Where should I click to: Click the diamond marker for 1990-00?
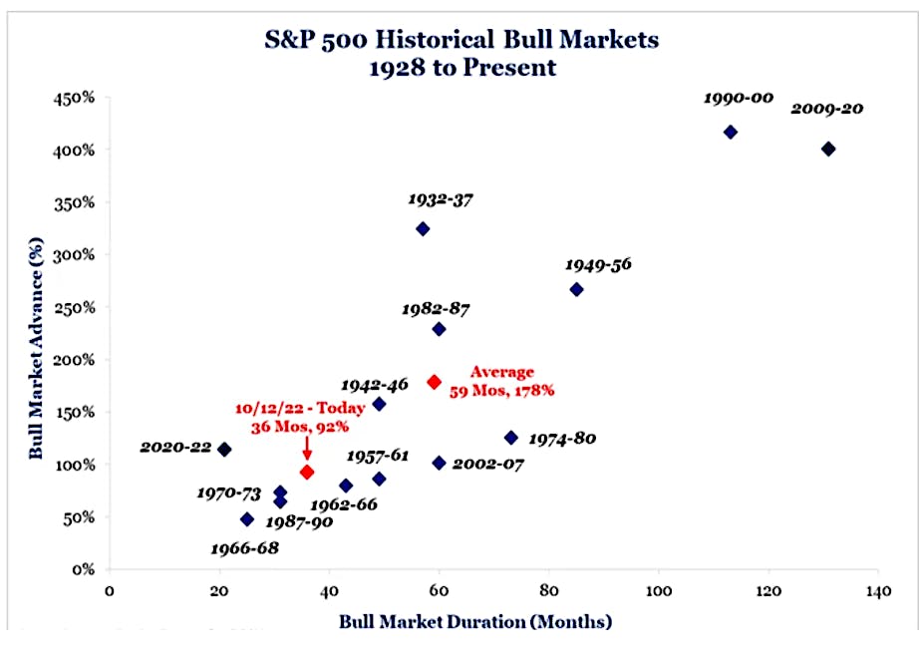(x=731, y=132)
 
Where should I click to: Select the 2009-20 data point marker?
(x=828, y=149)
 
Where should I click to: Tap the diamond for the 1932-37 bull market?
(x=423, y=228)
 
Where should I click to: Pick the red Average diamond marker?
(x=434, y=382)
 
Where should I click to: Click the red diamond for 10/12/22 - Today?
(x=307, y=472)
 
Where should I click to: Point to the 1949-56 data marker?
(x=576, y=289)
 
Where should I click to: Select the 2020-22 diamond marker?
(x=224, y=449)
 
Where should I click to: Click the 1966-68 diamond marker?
(x=247, y=518)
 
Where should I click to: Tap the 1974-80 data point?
(x=511, y=438)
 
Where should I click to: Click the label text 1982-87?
(x=437, y=309)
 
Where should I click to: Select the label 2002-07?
(x=488, y=465)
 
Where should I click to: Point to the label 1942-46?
(x=376, y=385)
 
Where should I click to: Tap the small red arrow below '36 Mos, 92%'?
(x=307, y=454)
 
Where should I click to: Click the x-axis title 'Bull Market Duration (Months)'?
(x=474, y=621)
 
